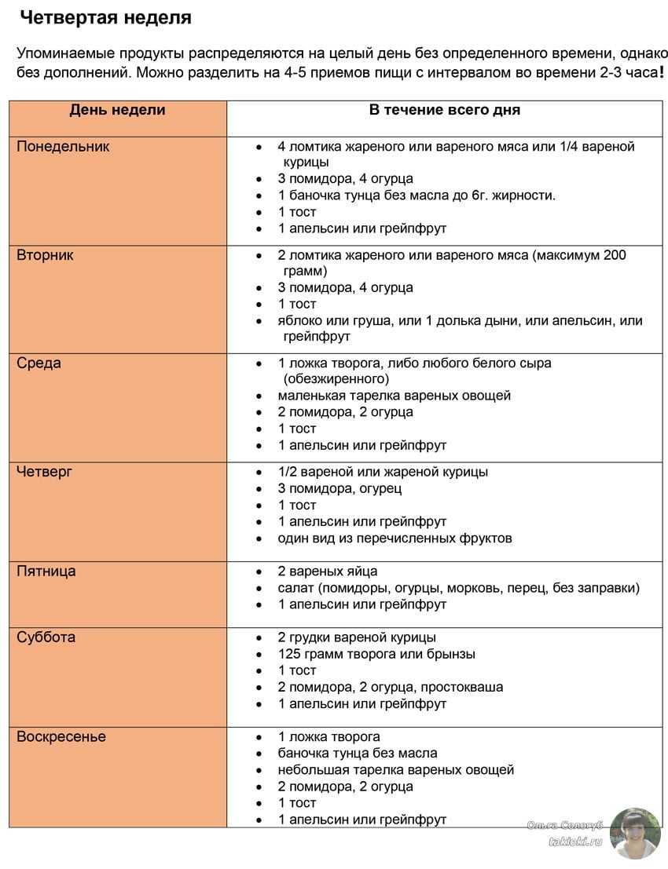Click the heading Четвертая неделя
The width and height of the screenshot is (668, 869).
[x=105, y=17]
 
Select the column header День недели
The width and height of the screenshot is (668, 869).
[x=117, y=110]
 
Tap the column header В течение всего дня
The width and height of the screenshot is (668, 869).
[x=444, y=110]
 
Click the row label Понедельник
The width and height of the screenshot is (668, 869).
[x=63, y=147]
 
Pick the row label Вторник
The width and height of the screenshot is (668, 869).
[x=45, y=256]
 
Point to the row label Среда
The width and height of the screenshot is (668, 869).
[x=39, y=363]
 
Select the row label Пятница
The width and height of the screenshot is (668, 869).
[x=46, y=571]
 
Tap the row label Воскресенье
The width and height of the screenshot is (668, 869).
[x=61, y=737]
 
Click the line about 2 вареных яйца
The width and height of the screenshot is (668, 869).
[x=327, y=571]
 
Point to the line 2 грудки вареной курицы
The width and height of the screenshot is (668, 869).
[x=356, y=637]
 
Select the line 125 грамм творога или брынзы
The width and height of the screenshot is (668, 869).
[x=376, y=654]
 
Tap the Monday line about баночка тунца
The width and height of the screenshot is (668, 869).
[x=416, y=195]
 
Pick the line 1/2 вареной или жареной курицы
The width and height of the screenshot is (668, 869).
[x=382, y=472]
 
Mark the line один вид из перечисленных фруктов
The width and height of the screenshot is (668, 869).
[x=395, y=539]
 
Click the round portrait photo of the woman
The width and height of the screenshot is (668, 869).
[x=635, y=833]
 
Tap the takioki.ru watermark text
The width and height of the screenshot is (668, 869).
[x=574, y=841]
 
